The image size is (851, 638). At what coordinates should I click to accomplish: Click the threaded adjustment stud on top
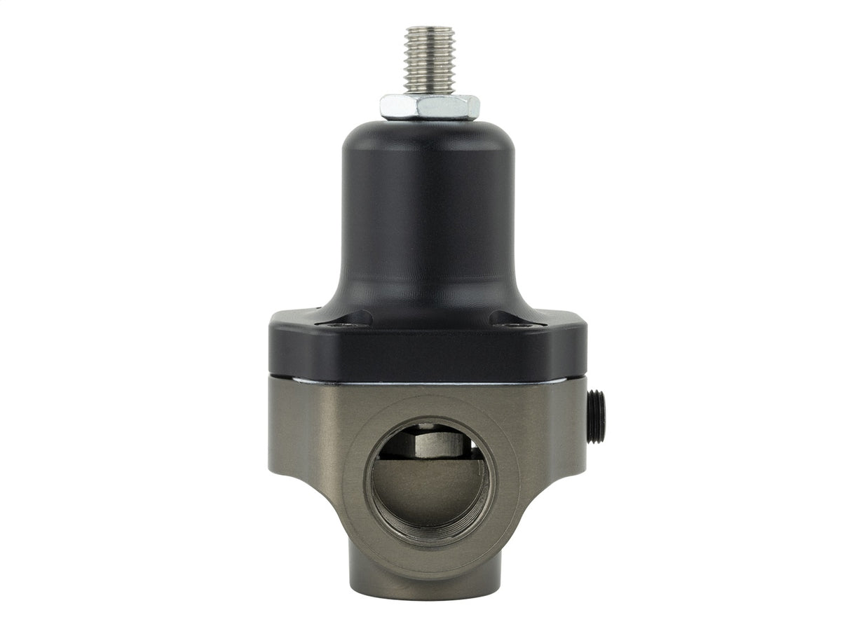pyautogui.click(x=429, y=62)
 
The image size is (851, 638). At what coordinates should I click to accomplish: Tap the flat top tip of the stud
pyautogui.click(x=429, y=29)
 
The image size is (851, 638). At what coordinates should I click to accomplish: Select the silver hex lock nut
pyautogui.click(x=429, y=106)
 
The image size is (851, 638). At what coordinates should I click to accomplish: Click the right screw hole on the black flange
pyautogui.click(x=519, y=324)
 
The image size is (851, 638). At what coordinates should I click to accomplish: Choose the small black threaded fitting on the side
pyautogui.click(x=597, y=416)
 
